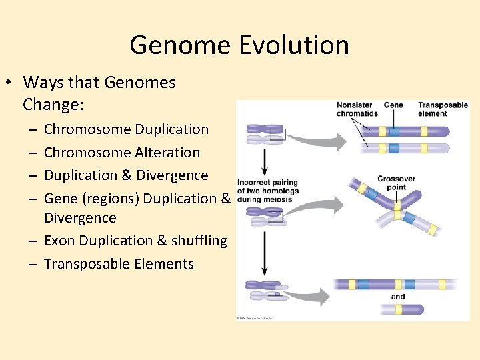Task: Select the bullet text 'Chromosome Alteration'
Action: pyautogui.click(x=122, y=152)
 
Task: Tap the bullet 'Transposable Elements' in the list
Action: pyautogui.click(x=119, y=263)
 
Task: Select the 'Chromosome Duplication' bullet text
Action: pyautogui.click(x=126, y=129)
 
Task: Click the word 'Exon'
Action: pyautogui.click(x=59, y=241)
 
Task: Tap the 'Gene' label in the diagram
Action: pyautogui.click(x=393, y=105)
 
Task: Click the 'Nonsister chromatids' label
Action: pyautogui.click(x=357, y=109)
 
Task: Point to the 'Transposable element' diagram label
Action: pyautogui.click(x=442, y=109)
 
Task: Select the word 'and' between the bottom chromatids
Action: pyautogui.click(x=398, y=297)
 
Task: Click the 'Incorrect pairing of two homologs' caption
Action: pyautogui.click(x=267, y=191)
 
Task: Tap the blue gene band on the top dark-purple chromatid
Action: pyautogui.click(x=394, y=131)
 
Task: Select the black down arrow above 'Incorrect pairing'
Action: pyautogui.click(x=265, y=162)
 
